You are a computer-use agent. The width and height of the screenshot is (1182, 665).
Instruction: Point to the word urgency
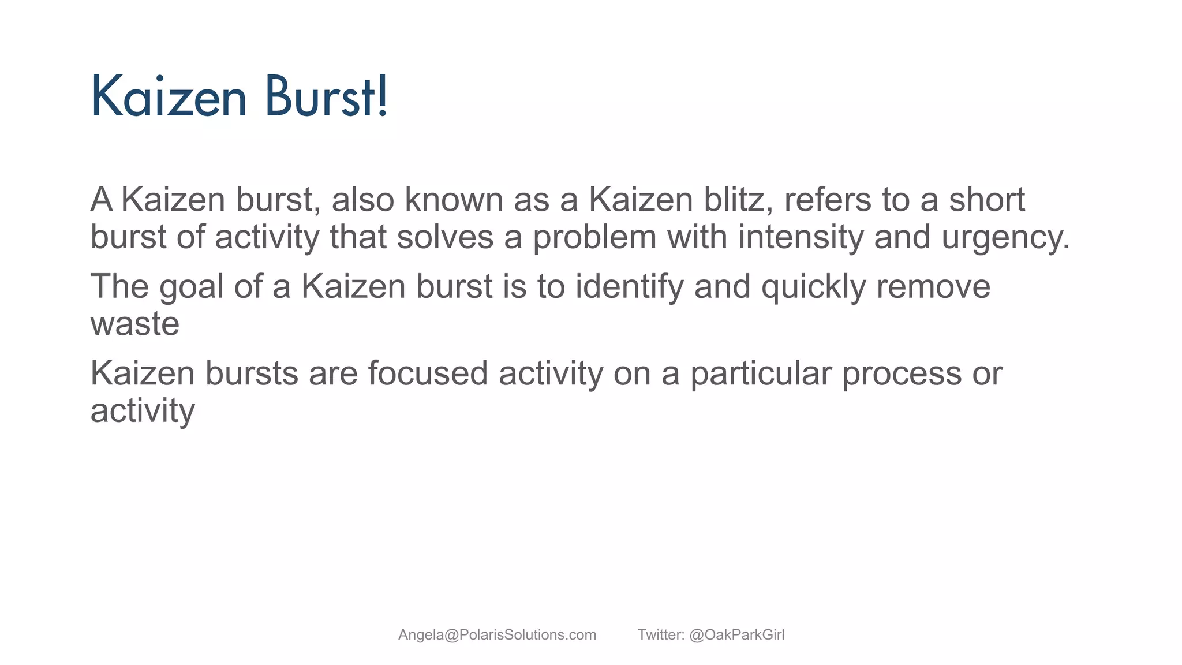(1005, 238)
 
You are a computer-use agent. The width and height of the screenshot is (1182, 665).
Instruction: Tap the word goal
(191, 287)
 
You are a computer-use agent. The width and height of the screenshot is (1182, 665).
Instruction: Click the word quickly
(813, 287)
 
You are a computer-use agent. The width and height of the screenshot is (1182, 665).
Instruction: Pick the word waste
(134, 324)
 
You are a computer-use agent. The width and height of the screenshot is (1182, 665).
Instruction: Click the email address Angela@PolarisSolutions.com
(497, 635)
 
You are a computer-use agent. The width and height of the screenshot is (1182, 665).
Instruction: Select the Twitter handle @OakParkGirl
(736, 635)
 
